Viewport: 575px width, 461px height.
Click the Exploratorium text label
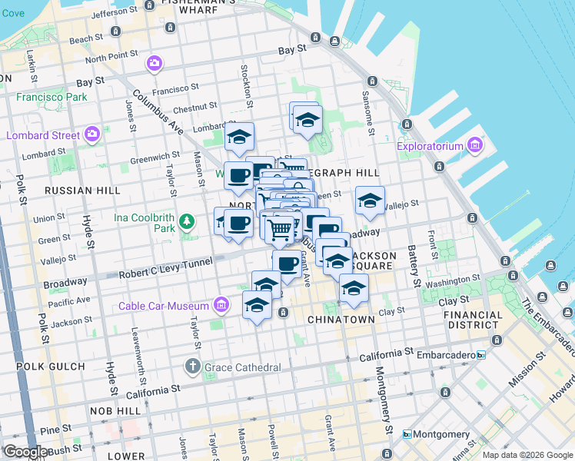pos(430,146)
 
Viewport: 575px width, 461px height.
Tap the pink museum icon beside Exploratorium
pos(474,145)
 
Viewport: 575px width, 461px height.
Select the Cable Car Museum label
pos(167,306)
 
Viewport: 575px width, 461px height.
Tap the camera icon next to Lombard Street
pos(92,135)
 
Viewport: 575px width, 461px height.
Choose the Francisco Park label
pos(52,98)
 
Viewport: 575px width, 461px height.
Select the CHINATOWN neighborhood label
pos(341,319)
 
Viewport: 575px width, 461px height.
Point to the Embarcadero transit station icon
pos(481,355)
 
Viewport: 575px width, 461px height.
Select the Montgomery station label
pos(437,435)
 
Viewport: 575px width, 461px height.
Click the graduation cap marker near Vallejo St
pos(370,202)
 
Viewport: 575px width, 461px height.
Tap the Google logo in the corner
pos(25,451)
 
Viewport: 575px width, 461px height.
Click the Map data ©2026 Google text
pos(527,455)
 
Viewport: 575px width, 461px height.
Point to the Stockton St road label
pos(248,86)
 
